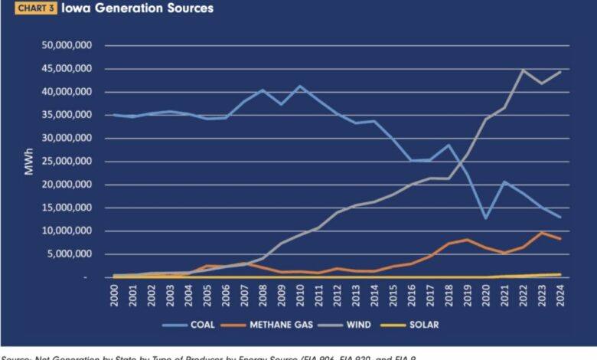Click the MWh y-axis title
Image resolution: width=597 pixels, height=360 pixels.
(29, 161)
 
